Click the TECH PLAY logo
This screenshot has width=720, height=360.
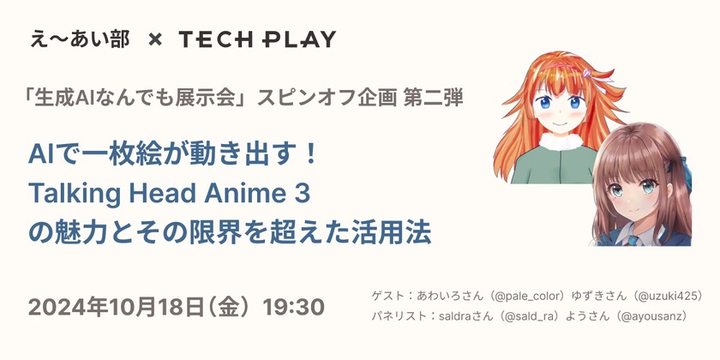pyautogui.click(x=257, y=39)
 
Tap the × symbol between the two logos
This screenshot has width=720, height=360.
pyautogui.click(x=154, y=39)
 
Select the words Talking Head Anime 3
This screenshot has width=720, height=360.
pyautogui.click(x=169, y=193)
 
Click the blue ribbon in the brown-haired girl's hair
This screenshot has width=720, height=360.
pyautogui.click(x=683, y=162)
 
